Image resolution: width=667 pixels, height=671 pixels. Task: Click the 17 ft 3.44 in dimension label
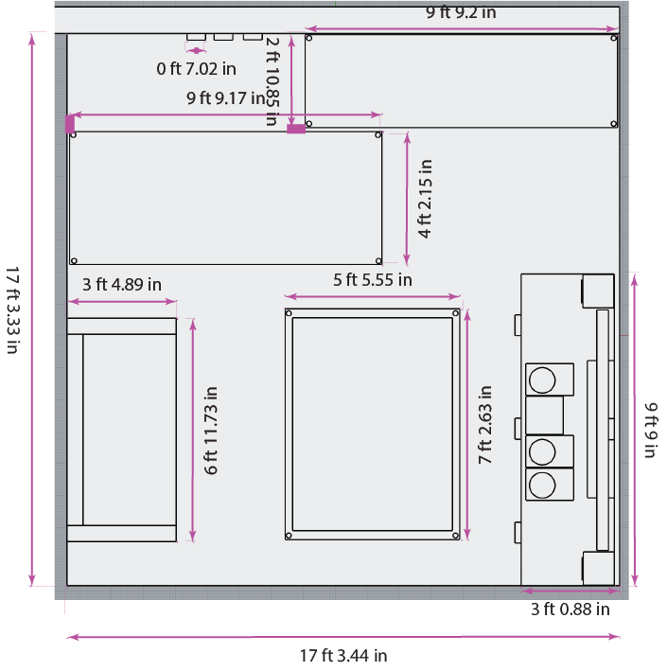tap(343, 655)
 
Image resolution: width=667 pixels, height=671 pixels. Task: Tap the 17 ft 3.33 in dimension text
tap(13, 310)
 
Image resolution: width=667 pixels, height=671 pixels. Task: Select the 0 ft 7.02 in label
tap(196, 69)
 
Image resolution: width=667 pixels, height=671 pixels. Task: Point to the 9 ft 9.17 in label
tap(226, 98)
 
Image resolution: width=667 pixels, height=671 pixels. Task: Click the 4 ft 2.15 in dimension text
tap(425, 199)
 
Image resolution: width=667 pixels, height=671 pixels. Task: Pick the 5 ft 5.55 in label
tap(373, 280)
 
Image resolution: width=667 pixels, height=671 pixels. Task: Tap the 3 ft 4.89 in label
tap(122, 285)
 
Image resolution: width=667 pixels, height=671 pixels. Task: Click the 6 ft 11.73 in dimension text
tap(211, 431)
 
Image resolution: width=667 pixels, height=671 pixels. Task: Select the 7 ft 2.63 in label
tap(485, 425)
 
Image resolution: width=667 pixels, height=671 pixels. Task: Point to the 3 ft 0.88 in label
tap(570, 609)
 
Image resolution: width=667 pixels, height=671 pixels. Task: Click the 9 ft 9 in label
tap(650, 430)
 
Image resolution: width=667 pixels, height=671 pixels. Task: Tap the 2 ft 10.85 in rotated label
tap(272, 81)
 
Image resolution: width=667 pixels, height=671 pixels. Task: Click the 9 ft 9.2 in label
tap(461, 13)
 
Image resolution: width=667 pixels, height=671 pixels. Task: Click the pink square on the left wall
tap(70, 124)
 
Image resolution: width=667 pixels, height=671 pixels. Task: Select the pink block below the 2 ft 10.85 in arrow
tap(296, 129)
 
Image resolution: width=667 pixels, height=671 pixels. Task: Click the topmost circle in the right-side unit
tap(542, 380)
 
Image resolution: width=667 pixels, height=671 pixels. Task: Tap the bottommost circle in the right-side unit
tap(542, 486)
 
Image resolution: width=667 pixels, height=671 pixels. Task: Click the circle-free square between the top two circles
tap(544, 415)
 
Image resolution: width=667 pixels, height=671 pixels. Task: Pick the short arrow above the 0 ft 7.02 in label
tap(196, 50)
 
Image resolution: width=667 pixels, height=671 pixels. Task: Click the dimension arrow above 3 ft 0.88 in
tap(570, 591)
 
